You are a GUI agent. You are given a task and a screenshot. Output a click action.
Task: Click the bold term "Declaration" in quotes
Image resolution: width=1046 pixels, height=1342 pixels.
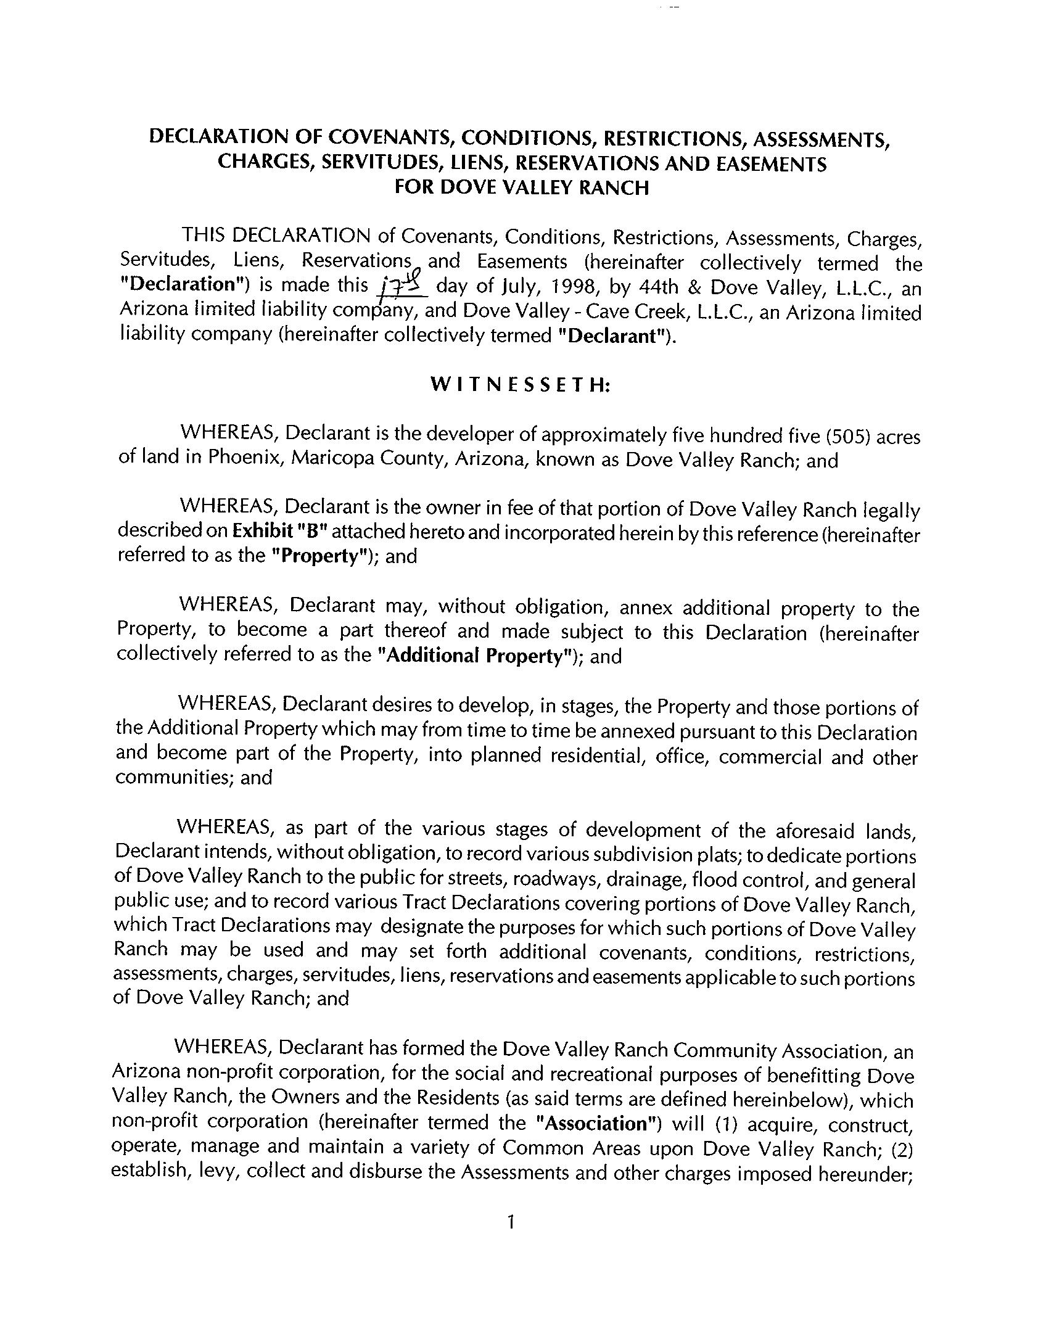179,284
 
